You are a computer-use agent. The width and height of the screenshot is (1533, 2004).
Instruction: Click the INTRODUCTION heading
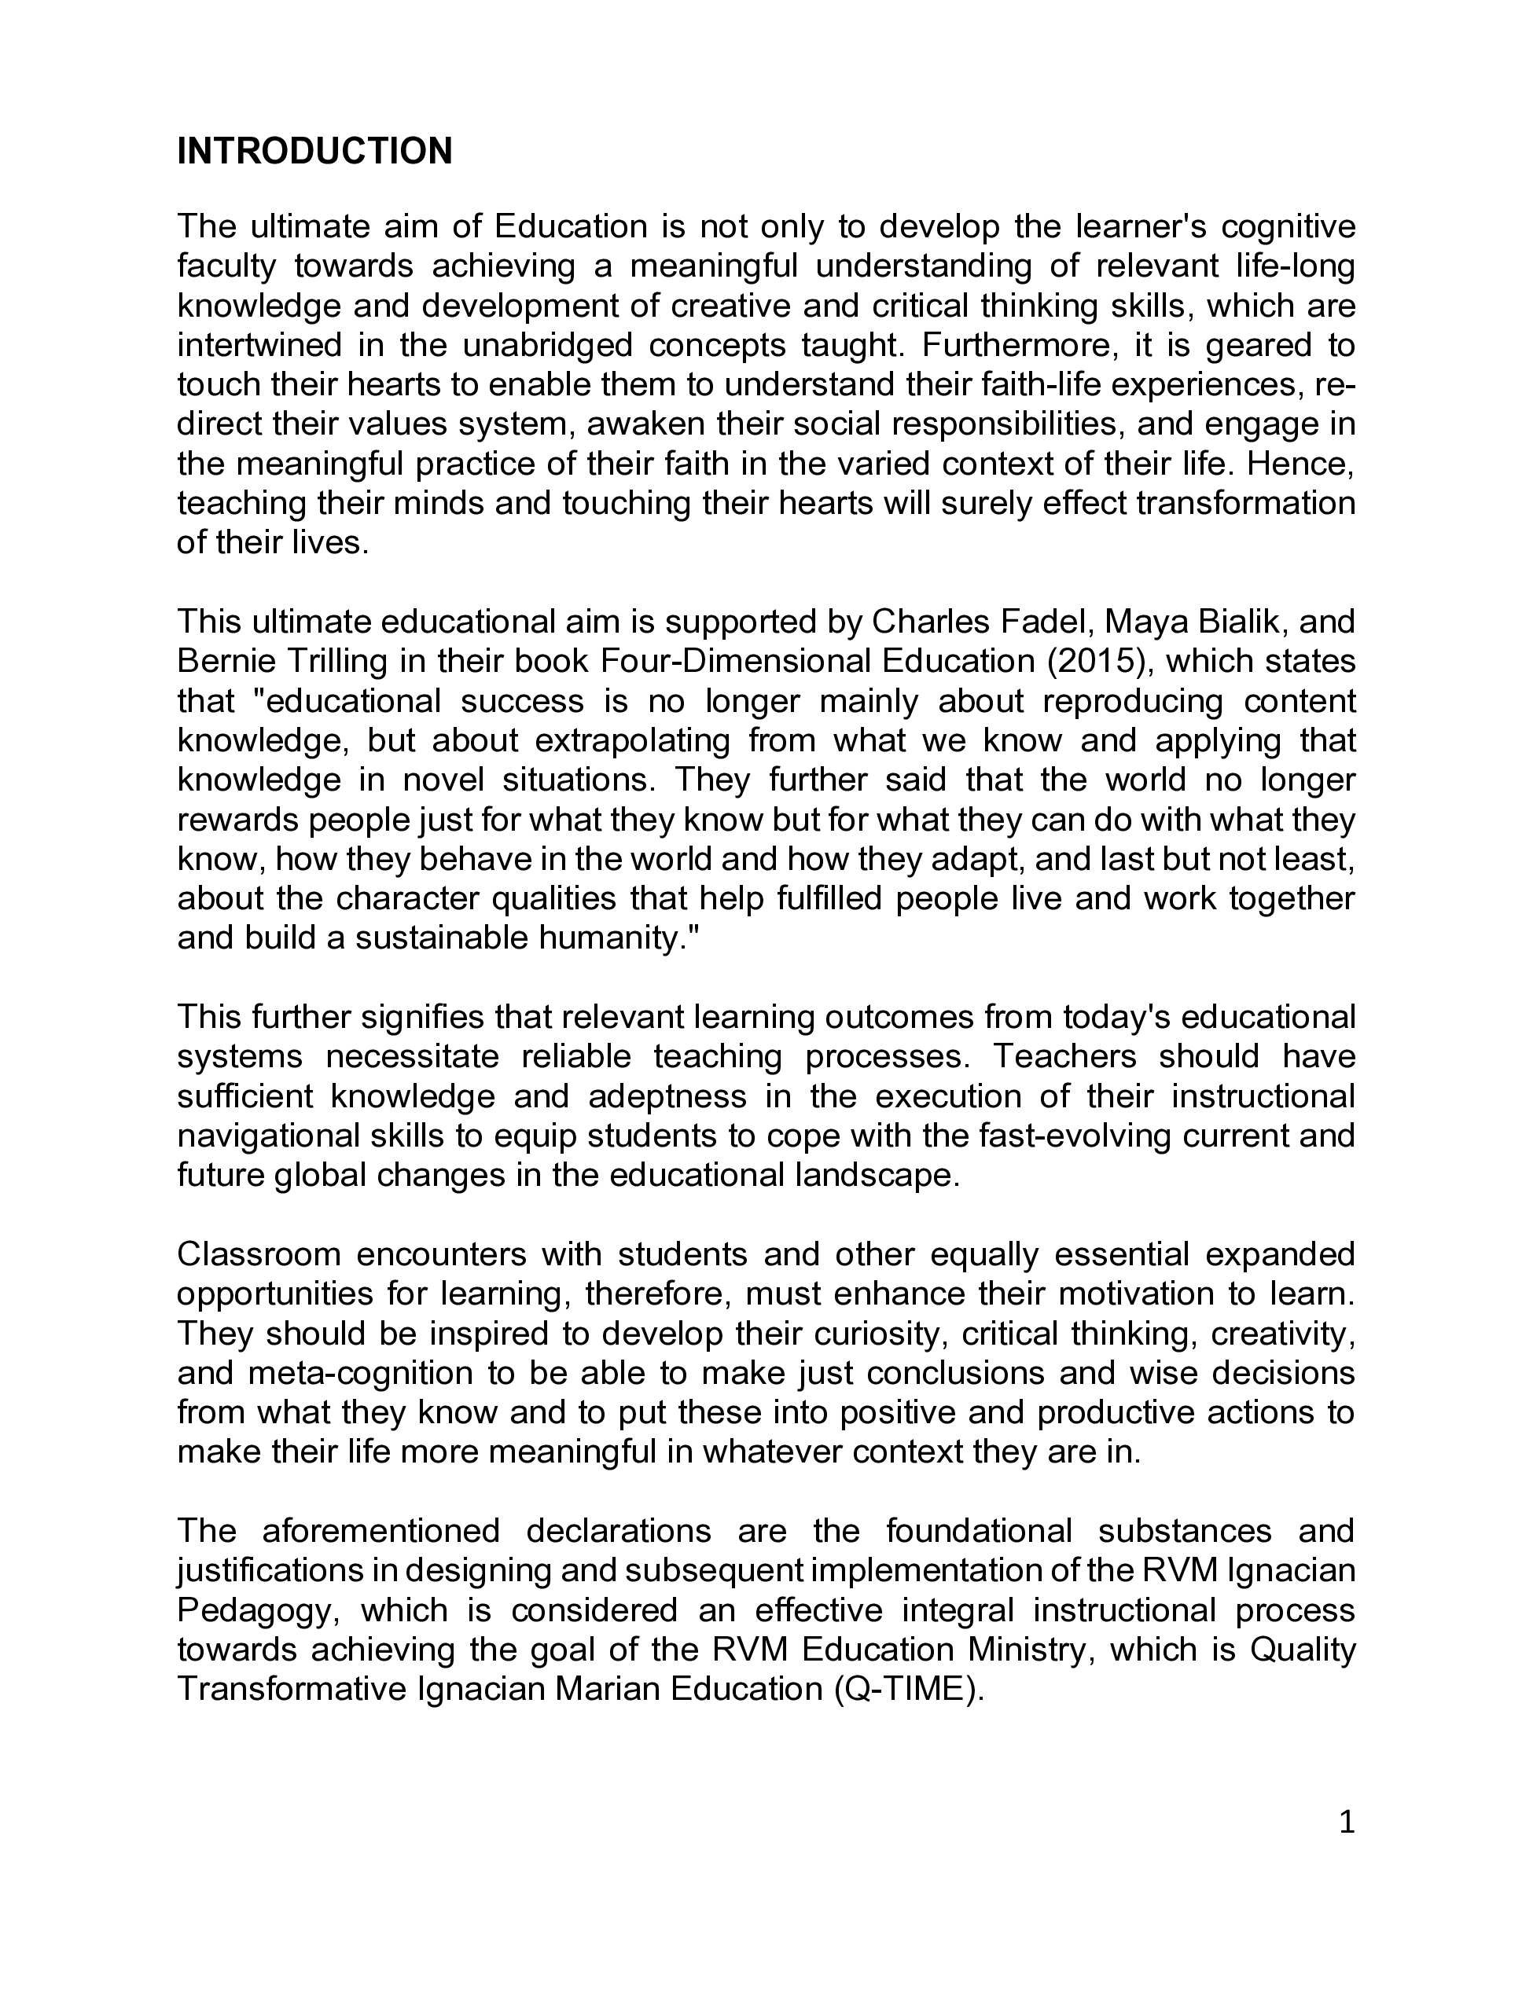[314, 152]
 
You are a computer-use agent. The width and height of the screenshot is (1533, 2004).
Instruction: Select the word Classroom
[256, 1254]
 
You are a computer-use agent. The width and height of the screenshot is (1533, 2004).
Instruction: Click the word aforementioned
[380, 1531]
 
